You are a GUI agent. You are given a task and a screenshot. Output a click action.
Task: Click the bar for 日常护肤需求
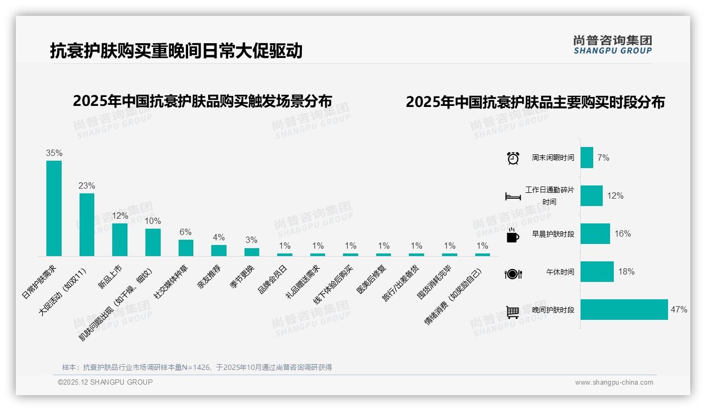point(54,208)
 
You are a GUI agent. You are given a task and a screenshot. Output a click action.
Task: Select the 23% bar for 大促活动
point(87,224)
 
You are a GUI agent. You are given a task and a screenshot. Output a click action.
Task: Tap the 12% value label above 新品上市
point(120,216)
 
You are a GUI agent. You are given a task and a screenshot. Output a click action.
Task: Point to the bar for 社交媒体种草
point(186,248)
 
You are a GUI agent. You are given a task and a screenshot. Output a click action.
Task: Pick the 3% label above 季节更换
point(251,240)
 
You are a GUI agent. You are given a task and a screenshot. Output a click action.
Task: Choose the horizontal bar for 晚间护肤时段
point(624,310)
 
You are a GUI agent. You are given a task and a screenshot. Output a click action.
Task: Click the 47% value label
point(679,310)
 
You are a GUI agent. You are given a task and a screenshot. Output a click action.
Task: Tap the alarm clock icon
point(513,158)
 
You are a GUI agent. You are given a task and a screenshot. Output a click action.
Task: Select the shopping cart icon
point(513,312)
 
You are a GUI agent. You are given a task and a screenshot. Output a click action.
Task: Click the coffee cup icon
point(513,236)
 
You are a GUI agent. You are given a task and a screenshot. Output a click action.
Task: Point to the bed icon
point(513,197)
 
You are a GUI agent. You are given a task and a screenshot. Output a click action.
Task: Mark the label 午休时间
point(560,272)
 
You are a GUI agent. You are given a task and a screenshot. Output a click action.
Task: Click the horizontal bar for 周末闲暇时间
point(586,158)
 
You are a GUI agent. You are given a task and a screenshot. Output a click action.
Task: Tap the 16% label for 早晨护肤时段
point(622,234)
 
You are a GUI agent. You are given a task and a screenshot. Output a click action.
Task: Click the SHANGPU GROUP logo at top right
point(612,45)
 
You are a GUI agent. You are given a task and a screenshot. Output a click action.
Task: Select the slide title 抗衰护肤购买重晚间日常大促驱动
point(176,51)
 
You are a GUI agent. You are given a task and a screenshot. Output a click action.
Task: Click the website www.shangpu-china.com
point(614,383)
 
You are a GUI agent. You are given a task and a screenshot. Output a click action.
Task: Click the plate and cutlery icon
point(513,273)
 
